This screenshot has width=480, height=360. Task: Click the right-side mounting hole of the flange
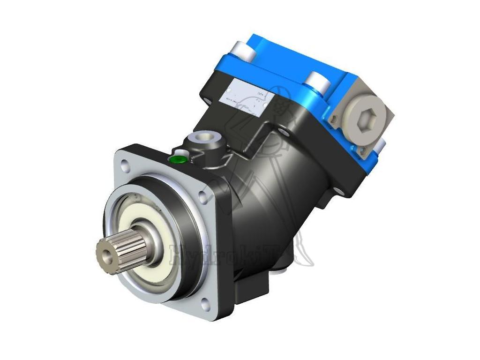pyautogui.click(x=202, y=197)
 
